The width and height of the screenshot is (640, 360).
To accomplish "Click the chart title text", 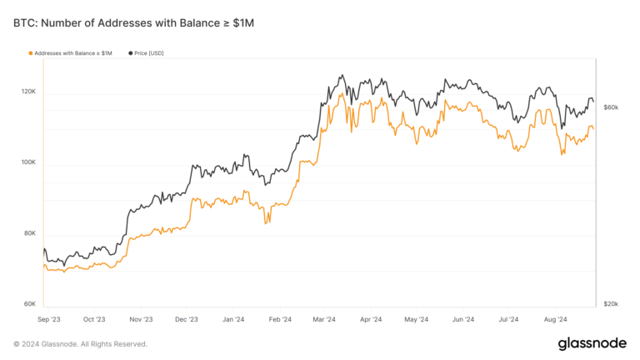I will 133,23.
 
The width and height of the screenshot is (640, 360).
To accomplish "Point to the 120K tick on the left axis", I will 28,91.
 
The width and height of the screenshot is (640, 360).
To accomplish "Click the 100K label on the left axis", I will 28,162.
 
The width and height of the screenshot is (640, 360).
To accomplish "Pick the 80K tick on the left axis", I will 29,233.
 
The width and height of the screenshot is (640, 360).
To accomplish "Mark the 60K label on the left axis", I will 29,304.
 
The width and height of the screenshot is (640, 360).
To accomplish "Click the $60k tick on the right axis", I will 610,107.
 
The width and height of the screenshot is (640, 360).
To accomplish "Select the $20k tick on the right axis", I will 610,304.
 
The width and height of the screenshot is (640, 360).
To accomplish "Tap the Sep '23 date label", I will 49,319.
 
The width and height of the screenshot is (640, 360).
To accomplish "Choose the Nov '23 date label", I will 141,319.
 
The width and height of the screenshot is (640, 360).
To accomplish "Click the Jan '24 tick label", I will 233,319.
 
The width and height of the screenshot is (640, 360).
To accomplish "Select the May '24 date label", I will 416,319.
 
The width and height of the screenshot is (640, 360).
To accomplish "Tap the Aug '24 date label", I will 555,319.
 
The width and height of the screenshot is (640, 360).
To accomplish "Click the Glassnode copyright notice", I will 80,344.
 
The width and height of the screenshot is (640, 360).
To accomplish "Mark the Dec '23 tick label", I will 187,319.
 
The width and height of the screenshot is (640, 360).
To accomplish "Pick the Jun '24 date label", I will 462,319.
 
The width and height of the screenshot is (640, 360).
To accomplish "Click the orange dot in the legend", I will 31,53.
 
